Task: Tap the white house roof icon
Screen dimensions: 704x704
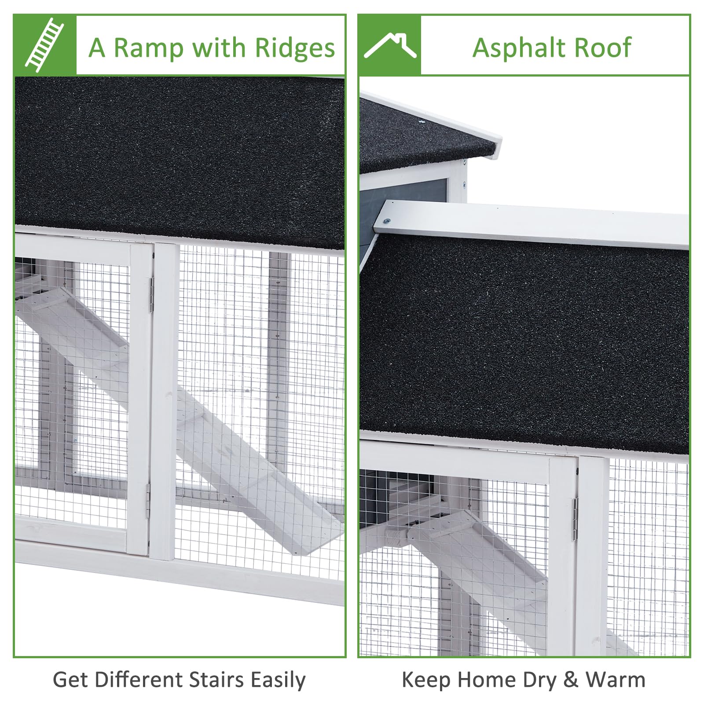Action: (x=390, y=45)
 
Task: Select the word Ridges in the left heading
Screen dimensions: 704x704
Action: (x=295, y=48)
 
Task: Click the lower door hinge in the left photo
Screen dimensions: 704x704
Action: (x=148, y=500)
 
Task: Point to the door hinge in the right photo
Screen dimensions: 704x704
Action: (x=575, y=520)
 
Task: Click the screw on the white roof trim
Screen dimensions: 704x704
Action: (x=387, y=221)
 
